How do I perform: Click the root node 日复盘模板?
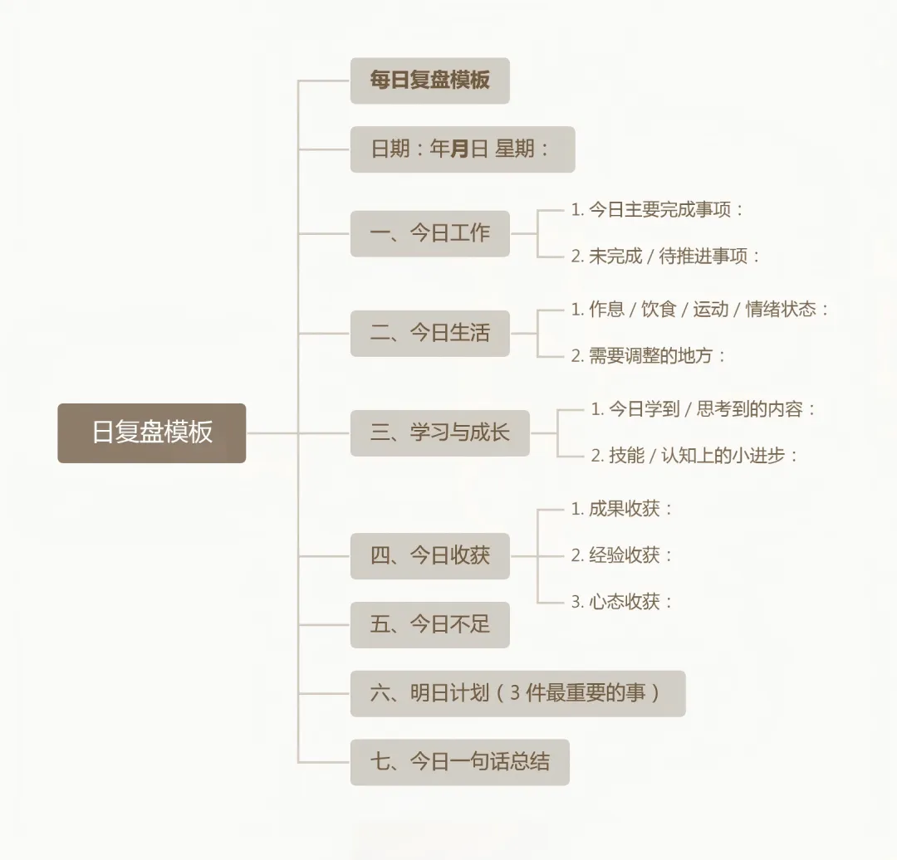(x=152, y=432)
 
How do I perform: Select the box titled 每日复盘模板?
(x=429, y=81)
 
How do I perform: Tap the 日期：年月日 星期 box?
(x=462, y=149)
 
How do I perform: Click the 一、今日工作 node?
(x=429, y=233)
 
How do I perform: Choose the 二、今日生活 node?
(x=429, y=333)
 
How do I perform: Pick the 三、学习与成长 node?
(x=439, y=432)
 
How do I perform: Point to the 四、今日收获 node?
(x=429, y=555)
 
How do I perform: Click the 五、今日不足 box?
(x=429, y=624)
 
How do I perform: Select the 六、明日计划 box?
(x=517, y=693)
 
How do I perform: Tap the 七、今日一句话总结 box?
(x=459, y=762)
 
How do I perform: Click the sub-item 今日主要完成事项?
(x=657, y=210)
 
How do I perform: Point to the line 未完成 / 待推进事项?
(x=665, y=257)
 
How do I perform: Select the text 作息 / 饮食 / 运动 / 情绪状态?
(x=700, y=310)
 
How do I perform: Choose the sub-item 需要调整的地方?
(x=648, y=356)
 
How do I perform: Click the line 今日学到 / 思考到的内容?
(x=703, y=409)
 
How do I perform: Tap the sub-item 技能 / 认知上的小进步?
(x=694, y=456)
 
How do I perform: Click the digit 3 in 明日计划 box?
(x=515, y=693)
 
